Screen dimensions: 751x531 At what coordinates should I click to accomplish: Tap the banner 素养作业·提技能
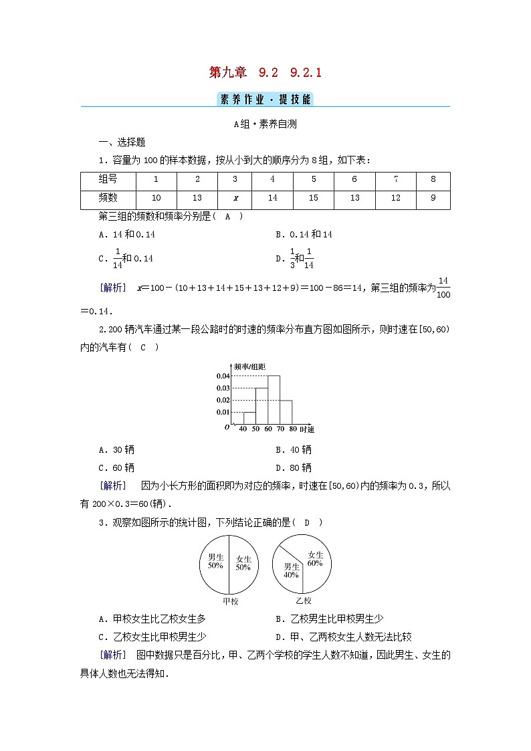click(265, 100)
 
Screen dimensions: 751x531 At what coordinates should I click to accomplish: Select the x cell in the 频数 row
click(235, 199)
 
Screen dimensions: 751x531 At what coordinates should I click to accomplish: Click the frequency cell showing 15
click(314, 199)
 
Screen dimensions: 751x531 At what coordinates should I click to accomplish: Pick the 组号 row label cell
click(108, 180)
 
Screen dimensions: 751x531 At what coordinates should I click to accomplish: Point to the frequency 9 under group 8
click(433, 199)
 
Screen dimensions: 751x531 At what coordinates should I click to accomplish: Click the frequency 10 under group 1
click(156, 199)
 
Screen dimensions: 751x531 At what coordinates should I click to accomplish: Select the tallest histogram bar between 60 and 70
click(274, 399)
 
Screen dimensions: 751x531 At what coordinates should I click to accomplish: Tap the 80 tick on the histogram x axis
click(292, 429)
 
